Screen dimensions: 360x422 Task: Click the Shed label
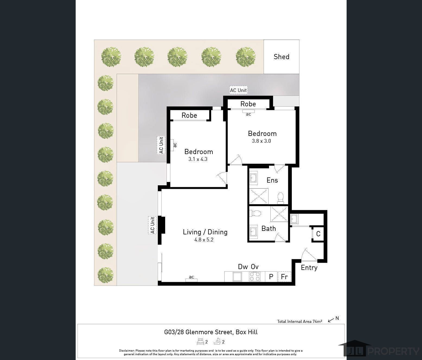281,57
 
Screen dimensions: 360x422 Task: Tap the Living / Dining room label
205,232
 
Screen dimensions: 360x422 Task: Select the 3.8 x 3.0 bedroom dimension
261,141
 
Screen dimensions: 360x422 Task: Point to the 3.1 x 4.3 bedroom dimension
198,159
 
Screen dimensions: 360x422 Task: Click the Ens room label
272,180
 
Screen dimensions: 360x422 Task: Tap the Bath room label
268,229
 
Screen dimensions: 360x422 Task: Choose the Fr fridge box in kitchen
284,277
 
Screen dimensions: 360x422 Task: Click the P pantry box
271,277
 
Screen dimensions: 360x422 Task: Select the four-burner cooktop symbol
255,276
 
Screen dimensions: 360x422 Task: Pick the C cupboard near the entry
318,234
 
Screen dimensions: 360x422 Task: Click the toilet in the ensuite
280,197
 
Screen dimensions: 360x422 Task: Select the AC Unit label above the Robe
238,90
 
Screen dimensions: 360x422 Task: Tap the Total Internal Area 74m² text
299,321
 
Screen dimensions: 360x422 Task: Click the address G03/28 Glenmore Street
211,332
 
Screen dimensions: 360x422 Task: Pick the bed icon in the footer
200,342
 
